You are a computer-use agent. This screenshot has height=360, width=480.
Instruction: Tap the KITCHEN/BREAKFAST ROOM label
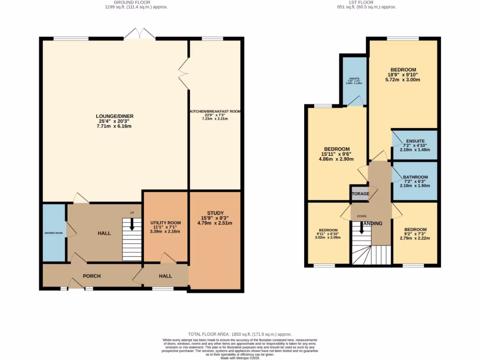click(215, 112)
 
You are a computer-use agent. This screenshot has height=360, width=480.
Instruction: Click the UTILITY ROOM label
click(165, 223)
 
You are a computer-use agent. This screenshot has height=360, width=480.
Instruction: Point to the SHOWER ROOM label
click(53, 233)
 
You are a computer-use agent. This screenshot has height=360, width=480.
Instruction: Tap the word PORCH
click(92, 276)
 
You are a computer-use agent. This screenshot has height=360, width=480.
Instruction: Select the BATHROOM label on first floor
click(415, 177)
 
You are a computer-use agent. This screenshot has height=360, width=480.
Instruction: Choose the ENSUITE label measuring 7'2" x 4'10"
click(415, 141)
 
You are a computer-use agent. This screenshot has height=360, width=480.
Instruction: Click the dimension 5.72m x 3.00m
click(403, 80)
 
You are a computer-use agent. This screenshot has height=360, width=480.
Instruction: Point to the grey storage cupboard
click(359, 194)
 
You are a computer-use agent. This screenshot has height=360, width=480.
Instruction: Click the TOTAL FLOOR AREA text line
click(240, 333)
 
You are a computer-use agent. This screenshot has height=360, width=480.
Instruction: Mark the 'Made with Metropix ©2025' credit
click(240, 358)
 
